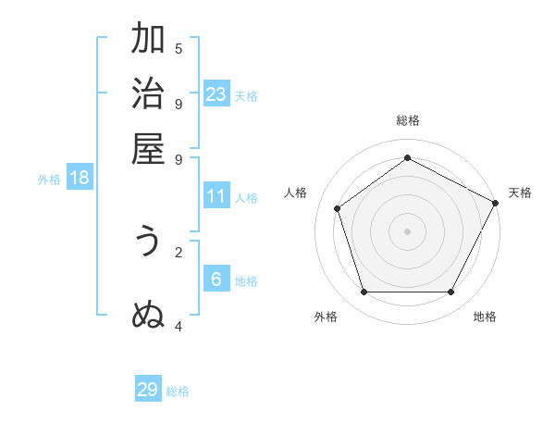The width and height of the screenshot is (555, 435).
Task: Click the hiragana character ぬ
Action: click(148, 316)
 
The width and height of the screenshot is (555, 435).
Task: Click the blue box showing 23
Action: click(216, 93)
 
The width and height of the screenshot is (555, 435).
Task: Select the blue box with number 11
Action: click(216, 196)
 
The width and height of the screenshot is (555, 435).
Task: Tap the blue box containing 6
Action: click(216, 279)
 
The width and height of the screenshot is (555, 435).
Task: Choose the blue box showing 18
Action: click(80, 178)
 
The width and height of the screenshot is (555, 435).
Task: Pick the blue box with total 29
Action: click(148, 390)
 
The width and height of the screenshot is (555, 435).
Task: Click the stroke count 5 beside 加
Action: click(179, 48)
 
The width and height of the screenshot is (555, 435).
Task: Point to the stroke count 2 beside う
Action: click(179, 251)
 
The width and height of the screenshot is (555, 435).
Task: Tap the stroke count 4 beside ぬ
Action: click(179, 326)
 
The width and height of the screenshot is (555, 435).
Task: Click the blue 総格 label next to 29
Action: click(179, 391)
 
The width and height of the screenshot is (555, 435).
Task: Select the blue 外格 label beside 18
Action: click(49, 180)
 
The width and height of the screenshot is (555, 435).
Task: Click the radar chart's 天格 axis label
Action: click(520, 193)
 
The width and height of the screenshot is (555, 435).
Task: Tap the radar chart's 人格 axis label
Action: click(296, 193)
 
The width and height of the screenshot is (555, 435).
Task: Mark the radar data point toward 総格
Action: click(407, 158)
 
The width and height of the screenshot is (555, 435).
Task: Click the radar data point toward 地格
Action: click(450, 292)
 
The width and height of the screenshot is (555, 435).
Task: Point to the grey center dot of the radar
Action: click(407, 230)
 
